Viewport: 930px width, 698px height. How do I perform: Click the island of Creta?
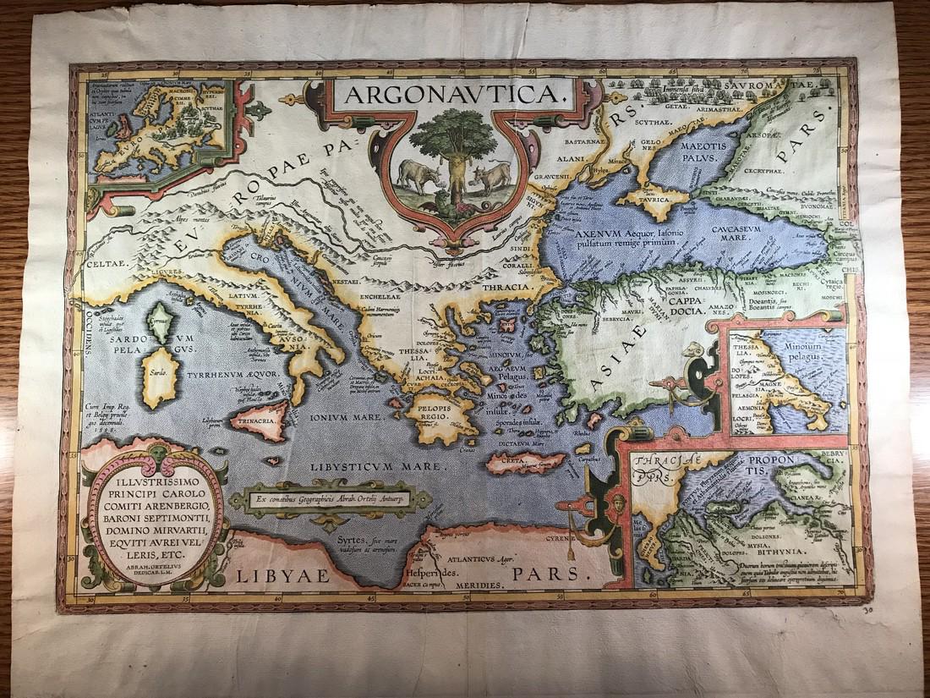tap(524, 463)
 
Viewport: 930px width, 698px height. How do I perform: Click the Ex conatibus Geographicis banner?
tap(330, 499)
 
